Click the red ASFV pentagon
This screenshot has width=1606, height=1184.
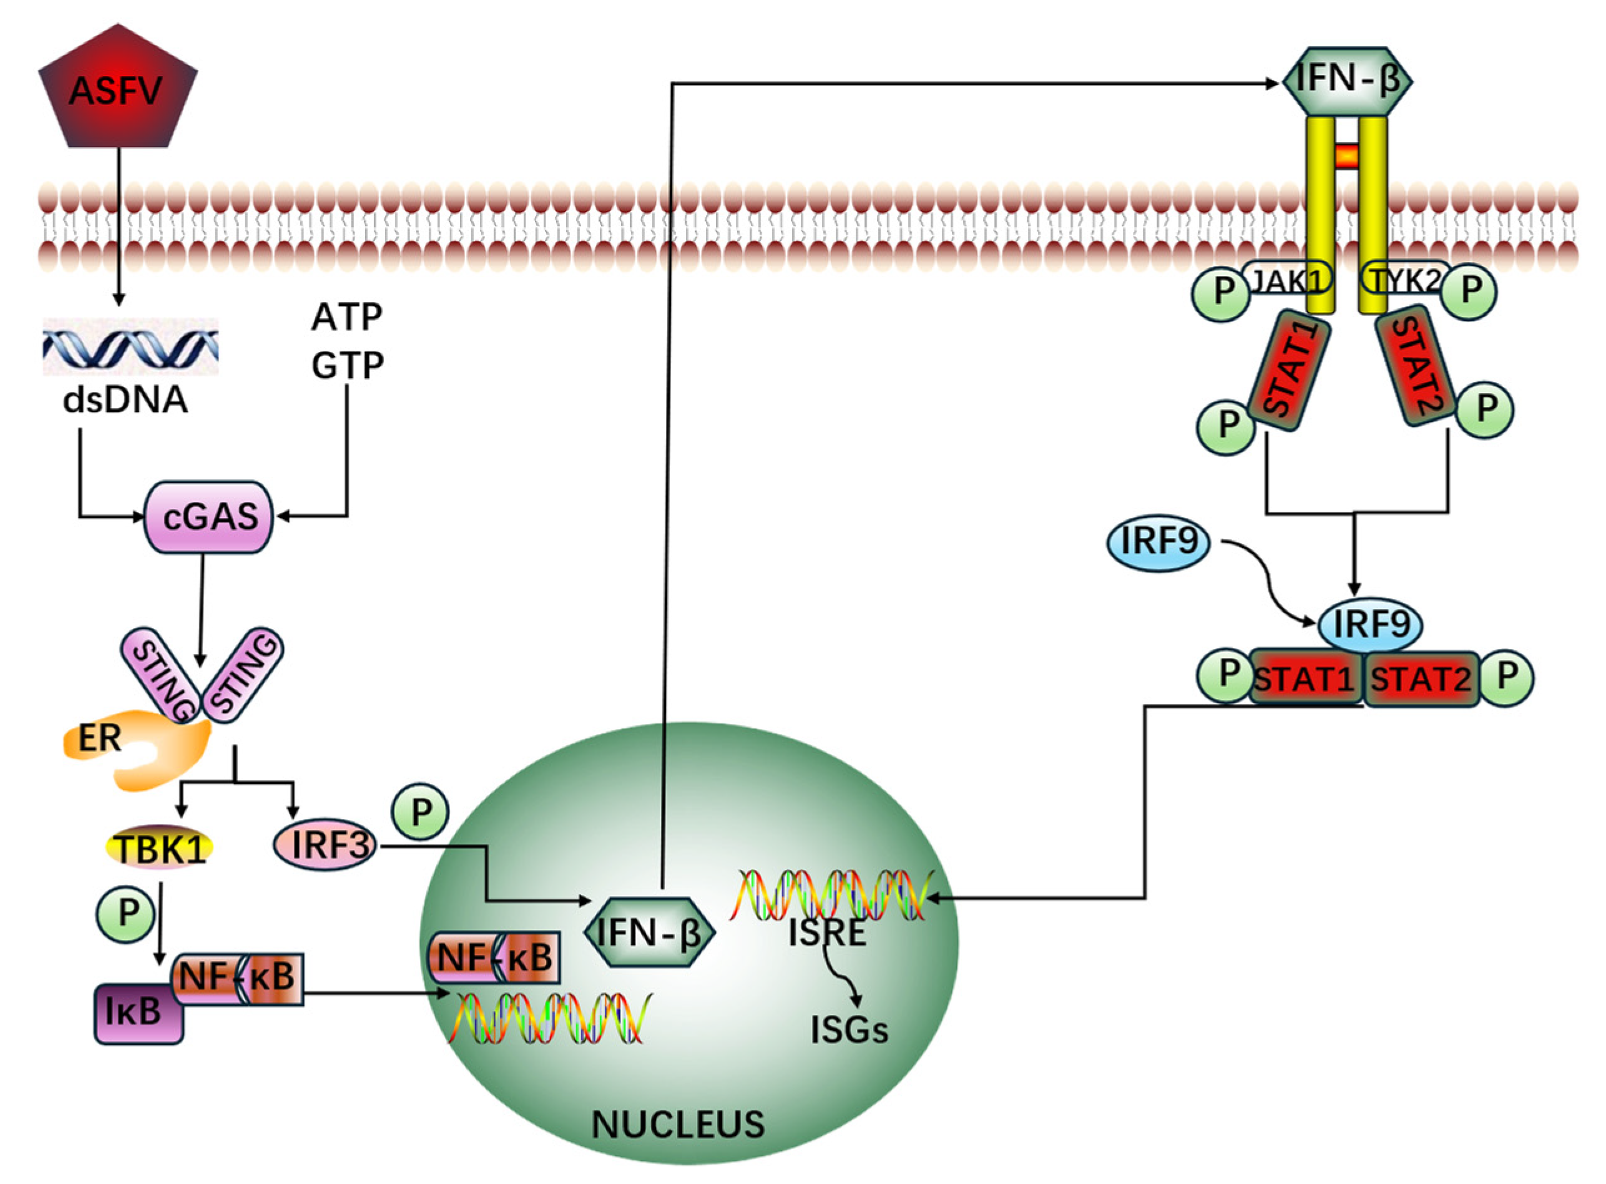click(x=117, y=90)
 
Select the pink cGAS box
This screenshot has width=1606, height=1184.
click(x=209, y=517)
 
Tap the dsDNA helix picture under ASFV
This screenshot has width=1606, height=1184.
click(x=130, y=347)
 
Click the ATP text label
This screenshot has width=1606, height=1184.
click(x=346, y=317)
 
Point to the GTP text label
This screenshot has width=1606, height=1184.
click(x=347, y=364)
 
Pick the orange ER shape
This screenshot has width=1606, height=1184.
click(x=136, y=753)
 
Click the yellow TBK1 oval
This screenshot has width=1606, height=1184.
click(x=160, y=849)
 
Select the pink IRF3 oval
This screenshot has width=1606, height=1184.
click(x=325, y=844)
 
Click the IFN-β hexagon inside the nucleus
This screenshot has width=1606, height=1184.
click(x=650, y=933)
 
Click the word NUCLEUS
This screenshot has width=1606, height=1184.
click(x=677, y=1125)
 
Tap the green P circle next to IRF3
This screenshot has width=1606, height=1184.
click(x=420, y=812)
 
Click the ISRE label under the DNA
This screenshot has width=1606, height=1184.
click(x=827, y=933)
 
